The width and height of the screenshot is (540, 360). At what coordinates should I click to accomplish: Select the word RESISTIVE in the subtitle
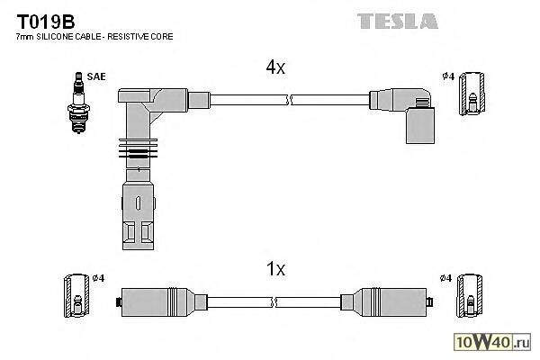click(x=135, y=37)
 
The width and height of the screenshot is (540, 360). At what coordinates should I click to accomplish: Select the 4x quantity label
click(x=275, y=67)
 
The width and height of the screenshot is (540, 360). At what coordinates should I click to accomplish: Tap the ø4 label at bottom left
click(x=100, y=277)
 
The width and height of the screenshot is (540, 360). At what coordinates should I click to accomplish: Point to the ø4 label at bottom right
click(x=447, y=277)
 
